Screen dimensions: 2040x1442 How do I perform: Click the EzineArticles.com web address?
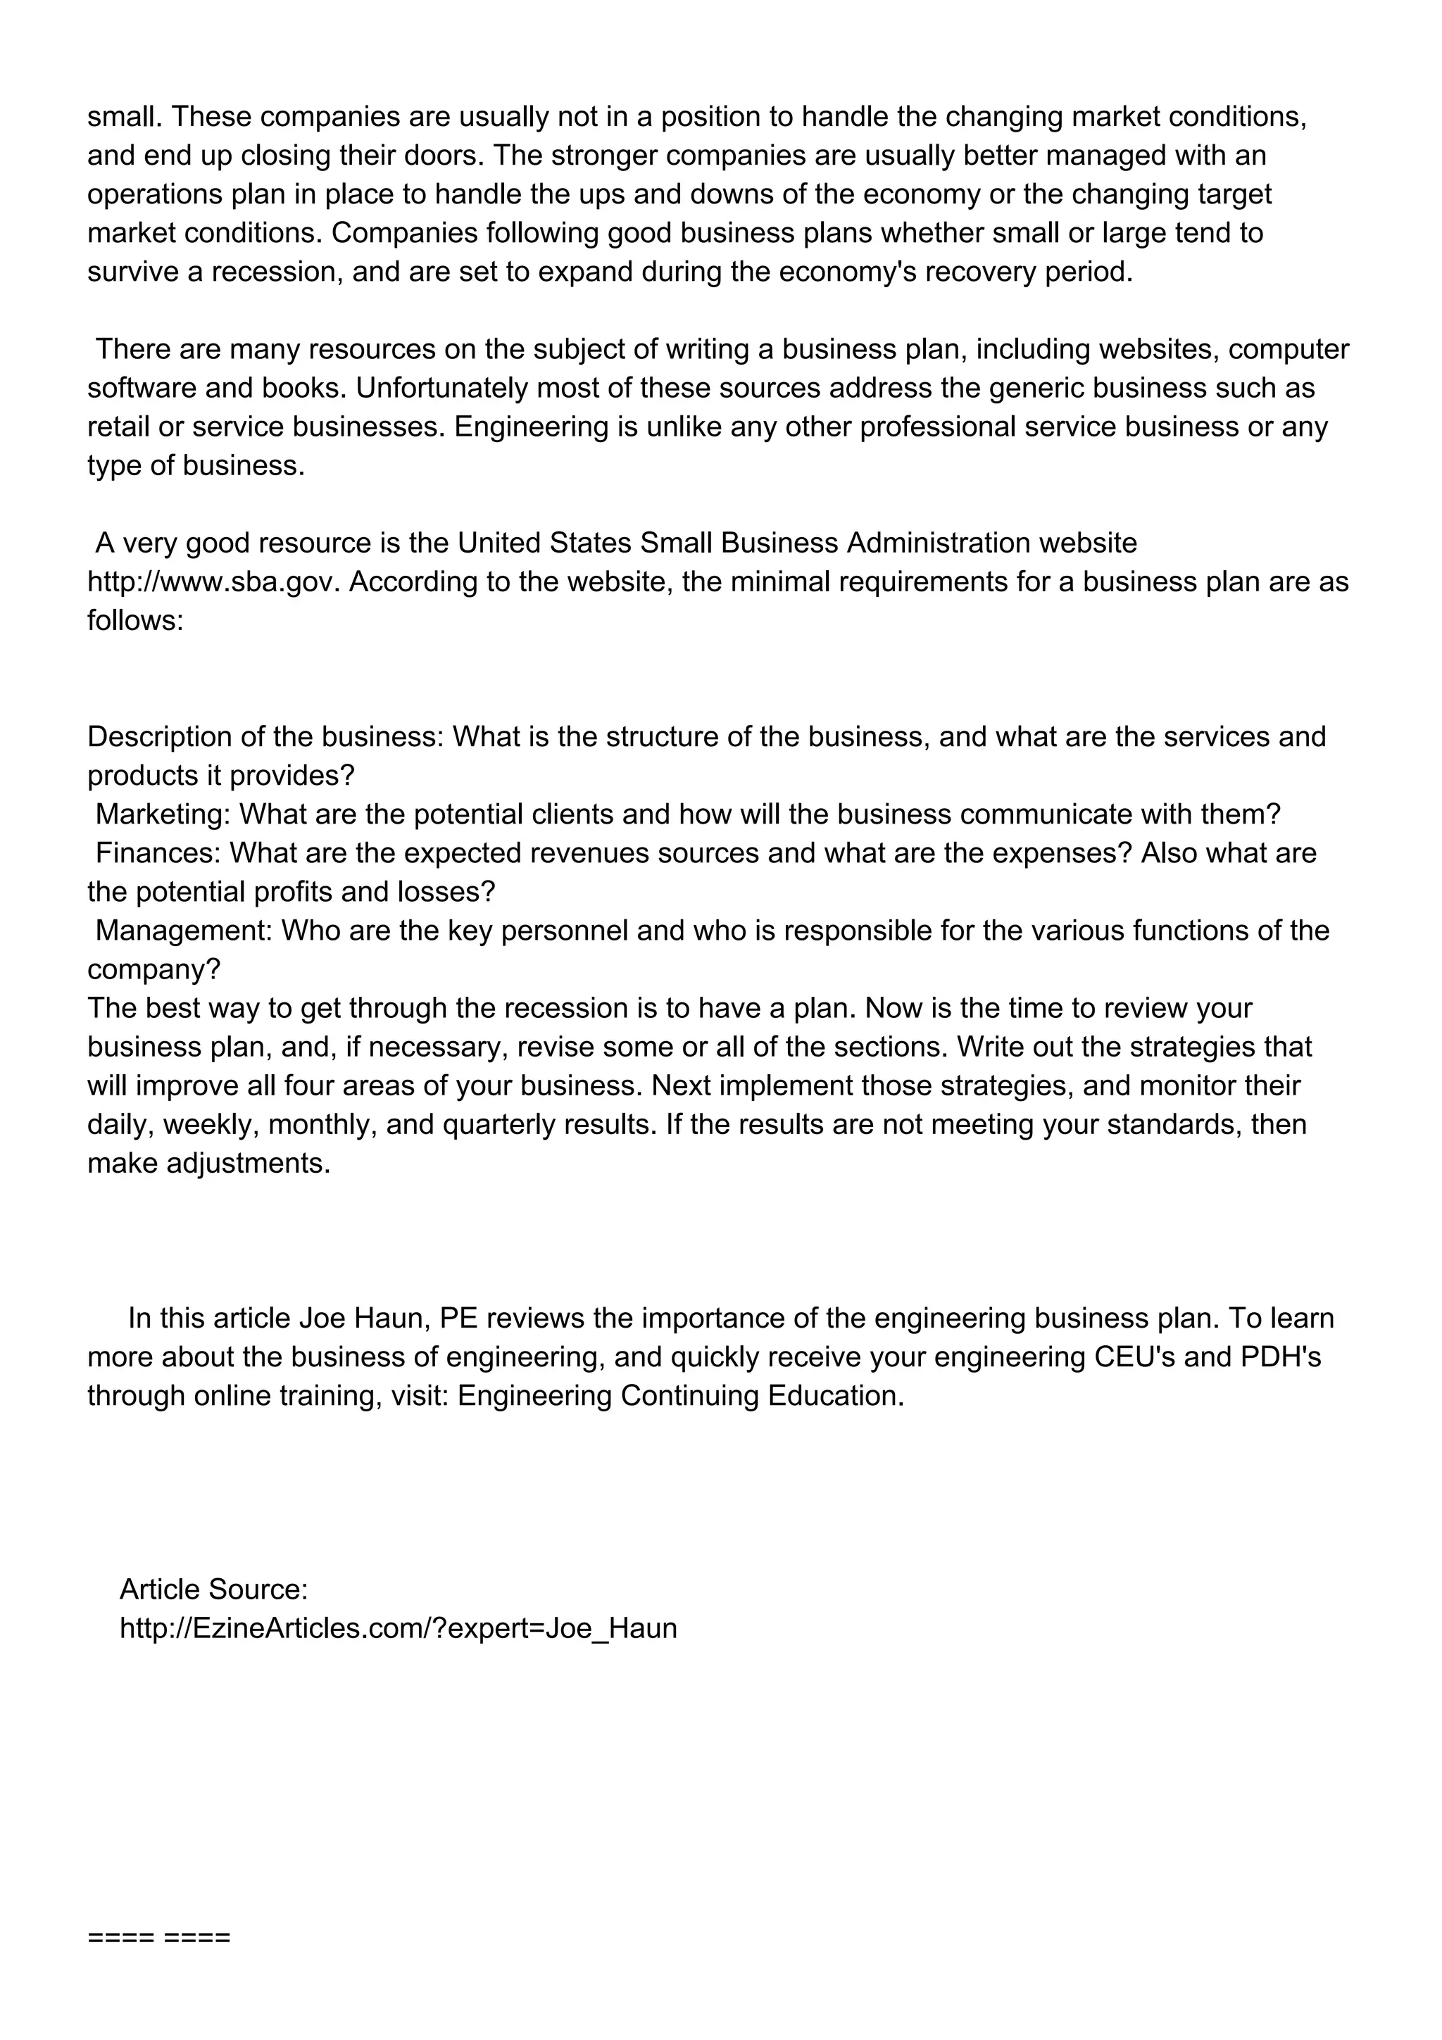point(398,1627)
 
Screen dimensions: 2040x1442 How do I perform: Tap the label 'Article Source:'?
point(213,1589)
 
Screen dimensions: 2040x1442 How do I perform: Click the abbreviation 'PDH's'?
point(1280,1356)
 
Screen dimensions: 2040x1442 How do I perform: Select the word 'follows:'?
point(135,620)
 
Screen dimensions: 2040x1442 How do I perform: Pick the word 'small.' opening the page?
point(125,116)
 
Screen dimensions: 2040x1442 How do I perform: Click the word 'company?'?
point(153,969)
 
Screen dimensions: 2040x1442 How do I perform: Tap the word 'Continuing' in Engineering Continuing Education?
point(689,1396)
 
